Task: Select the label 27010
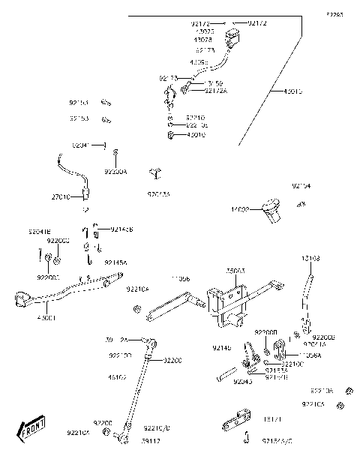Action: [x=61, y=197]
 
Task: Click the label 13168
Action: [x=311, y=258]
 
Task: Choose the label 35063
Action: [x=235, y=270]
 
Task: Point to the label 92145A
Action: [x=115, y=262]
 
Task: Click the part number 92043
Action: [x=244, y=381]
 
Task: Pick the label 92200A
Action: [x=115, y=172]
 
